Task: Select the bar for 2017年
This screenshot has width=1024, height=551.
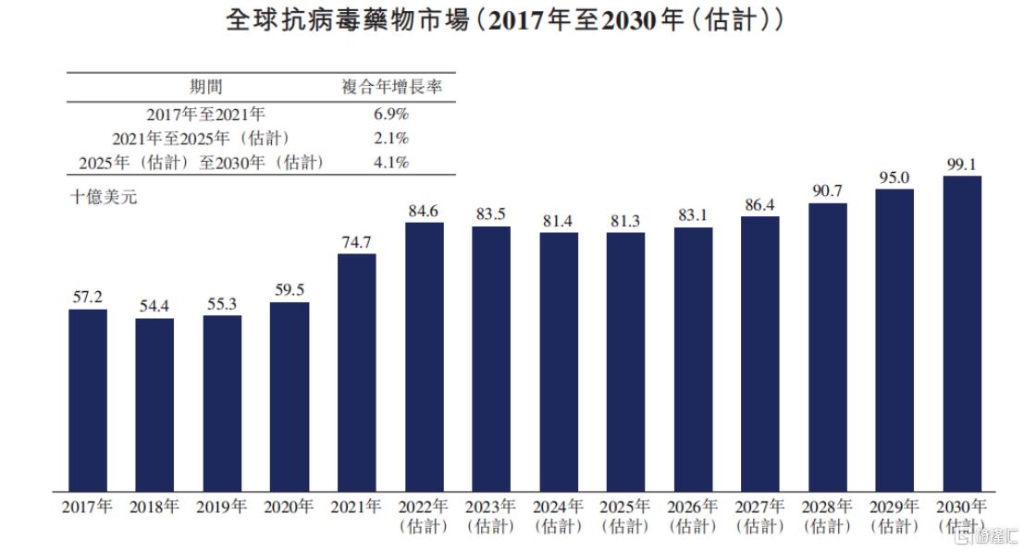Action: [x=88, y=399]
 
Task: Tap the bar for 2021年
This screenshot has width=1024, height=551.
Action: [x=356, y=372]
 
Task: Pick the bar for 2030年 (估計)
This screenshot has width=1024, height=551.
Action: [x=962, y=333]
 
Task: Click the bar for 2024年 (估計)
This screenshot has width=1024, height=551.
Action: [x=559, y=361]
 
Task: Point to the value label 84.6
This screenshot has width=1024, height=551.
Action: [x=424, y=210]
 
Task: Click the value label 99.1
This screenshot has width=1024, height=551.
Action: [x=962, y=165]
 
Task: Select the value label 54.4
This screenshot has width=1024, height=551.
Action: [x=154, y=306]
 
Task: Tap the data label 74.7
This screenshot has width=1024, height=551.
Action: [x=356, y=242]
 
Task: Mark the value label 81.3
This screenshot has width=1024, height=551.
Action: [x=625, y=221]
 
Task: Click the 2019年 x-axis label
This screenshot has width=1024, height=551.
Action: [x=222, y=508]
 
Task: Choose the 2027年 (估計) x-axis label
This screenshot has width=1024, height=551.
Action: [x=759, y=517]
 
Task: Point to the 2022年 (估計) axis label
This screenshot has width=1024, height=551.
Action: [x=424, y=517]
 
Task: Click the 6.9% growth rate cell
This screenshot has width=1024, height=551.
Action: [x=389, y=115]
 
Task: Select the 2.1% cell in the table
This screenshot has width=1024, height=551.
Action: [x=389, y=139]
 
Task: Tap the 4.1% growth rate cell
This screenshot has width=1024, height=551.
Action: [x=389, y=163]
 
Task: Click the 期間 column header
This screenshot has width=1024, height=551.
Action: [x=206, y=88]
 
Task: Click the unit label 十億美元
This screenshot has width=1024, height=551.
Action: [x=104, y=196]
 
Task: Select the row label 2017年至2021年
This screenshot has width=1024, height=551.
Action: [x=206, y=115]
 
